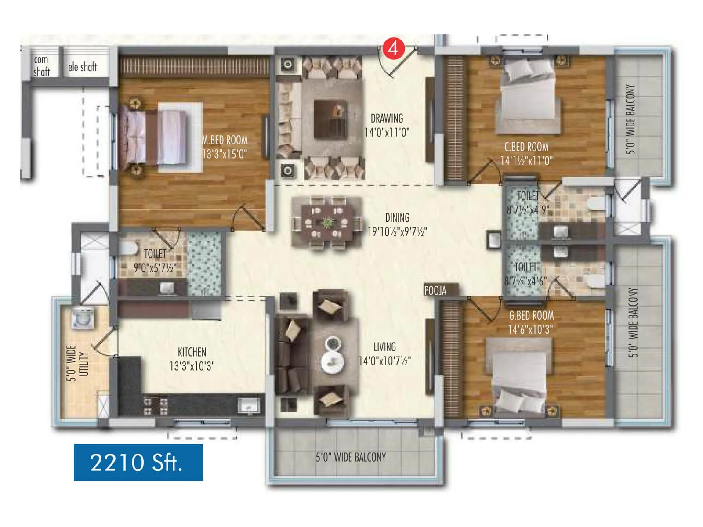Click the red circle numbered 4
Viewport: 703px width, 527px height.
coord(393,48)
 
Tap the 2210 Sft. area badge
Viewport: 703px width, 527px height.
coord(138,462)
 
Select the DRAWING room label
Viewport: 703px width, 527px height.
coord(387,118)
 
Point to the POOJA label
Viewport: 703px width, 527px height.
coord(435,291)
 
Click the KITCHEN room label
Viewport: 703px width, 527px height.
coord(192,352)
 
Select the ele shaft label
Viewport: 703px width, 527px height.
coord(83,67)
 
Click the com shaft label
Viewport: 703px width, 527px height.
coord(41,66)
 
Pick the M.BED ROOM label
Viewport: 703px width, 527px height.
coord(225,140)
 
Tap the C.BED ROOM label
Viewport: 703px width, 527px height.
coord(526,147)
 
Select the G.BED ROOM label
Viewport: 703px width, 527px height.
coord(531,315)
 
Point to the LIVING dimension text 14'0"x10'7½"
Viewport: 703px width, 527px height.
coord(385,361)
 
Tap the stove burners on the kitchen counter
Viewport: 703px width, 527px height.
coord(156,406)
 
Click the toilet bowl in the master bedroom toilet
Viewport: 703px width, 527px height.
coord(128,249)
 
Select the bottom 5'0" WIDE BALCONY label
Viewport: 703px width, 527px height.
coord(351,457)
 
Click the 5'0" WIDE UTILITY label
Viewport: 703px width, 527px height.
coord(78,363)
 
